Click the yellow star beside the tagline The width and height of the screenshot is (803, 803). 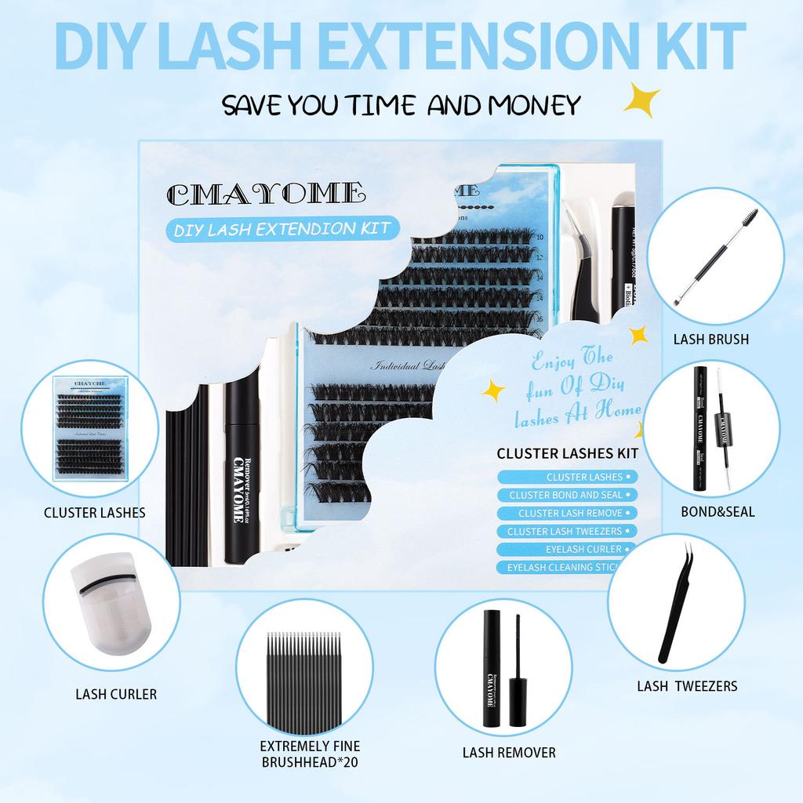(x=641, y=100)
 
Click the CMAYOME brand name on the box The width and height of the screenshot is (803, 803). (x=265, y=191)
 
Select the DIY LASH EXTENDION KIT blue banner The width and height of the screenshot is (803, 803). (x=282, y=228)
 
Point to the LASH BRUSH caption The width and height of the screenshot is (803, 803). (x=710, y=340)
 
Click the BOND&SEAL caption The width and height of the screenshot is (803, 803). (x=718, y=511)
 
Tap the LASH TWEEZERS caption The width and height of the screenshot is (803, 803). (x=687, y=685)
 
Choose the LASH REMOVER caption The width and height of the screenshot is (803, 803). (x=509, y=752)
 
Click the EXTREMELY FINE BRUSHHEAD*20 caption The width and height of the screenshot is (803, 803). (x=310, y=753)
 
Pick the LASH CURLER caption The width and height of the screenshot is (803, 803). (x=116, y=693)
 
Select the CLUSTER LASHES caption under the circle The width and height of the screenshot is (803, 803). (x=95, y=513)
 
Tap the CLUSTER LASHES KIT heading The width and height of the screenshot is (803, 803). (x=567, y=452)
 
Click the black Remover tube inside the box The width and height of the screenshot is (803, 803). (x=242, y=478)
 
